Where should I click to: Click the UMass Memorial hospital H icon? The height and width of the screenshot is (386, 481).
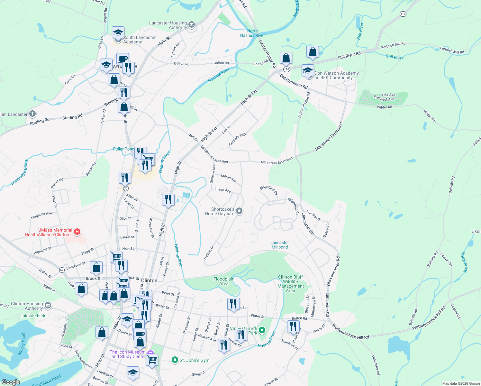pyautogui.click(x=77, y=232)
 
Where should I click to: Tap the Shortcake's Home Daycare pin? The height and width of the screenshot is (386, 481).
pyautogui.click(x=239, y=211)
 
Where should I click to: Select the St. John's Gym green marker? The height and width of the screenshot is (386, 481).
pyautogui.click(x=175, y=360)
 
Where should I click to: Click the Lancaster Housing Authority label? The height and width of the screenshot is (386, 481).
pyautogui.click(x=168, y=25)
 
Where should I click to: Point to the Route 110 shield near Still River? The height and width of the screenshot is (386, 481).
pyautogui.click(x=403, y=14)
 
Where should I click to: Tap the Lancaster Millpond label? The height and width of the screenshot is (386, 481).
pyautogui.click(x=279, y=245)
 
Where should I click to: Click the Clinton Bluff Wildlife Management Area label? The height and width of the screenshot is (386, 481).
pyautogui.click(x=290, y=284)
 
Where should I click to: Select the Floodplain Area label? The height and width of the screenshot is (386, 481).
pyautogui.click(x=224, y=281)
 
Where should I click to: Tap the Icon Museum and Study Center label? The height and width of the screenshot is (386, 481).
pyautogui.click(x=128, y=354)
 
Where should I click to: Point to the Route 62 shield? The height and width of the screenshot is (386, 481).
pyautogui.click(x=62, y=269)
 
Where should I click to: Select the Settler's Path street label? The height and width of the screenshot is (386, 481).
pyautogui.click(x=238, y=139)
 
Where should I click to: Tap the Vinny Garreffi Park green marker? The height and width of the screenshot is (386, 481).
pyautogui.click(x=262, y=330)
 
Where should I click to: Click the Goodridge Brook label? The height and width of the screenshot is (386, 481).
pyautogui.click(x=20, y=172)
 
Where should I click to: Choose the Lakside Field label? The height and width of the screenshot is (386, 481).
pyautogui.click(x=33, y=316)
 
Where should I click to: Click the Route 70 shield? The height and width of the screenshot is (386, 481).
pyautogui.click(x=126, y=188)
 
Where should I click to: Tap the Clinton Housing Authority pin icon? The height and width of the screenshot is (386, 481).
pyautogui.click(x=48, y=305)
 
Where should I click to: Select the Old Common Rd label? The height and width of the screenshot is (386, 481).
pyautogui.click(x=294, y=82)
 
